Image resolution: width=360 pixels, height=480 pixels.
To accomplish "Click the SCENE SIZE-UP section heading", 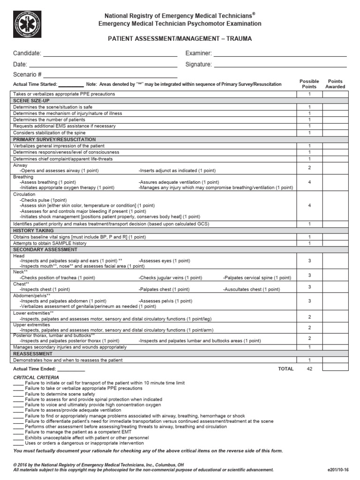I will click(x=31, y=100).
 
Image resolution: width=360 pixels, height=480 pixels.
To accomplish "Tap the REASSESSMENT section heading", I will click(x=33, y=353).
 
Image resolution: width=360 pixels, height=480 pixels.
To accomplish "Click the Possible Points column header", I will click(x=309, y=84).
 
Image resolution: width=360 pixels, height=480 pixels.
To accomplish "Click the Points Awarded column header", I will click(x=335, y=84).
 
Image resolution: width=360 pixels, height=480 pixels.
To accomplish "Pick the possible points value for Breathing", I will click(x=309, y=182).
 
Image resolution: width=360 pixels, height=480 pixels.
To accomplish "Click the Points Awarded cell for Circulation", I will click(x=335, y=205).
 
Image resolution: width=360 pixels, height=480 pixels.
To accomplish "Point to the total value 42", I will click(x=309, y=369).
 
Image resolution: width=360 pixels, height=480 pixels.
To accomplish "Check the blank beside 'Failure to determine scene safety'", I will click(x=18, y=394).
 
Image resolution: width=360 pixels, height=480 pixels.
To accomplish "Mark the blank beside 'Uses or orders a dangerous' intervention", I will click(x=18, y=443).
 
